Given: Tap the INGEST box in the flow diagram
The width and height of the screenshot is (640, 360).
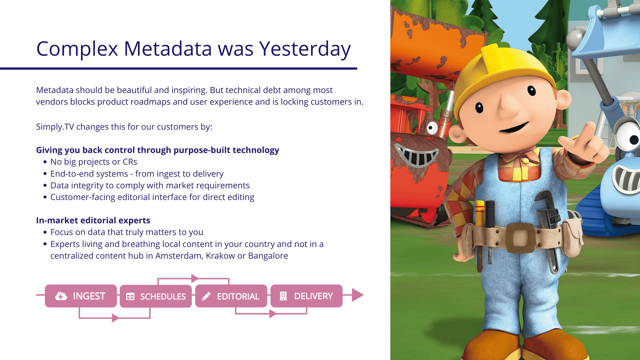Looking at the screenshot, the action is (x=81, y=296).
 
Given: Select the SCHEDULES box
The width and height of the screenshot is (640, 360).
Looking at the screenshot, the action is (x=156, y=296).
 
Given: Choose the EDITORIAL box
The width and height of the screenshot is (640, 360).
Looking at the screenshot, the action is (x=231, y=296).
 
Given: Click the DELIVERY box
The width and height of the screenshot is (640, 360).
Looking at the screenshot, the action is (x=307, y=296).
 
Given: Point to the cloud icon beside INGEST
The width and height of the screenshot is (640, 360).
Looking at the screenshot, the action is (x=61, y=296).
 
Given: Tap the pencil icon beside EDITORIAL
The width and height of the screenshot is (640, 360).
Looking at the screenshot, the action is (x=206, y=296).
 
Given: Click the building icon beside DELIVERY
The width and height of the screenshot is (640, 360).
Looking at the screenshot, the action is (x=283, y=296).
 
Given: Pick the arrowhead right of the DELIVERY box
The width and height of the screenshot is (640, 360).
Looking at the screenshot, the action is (x=358, y=295).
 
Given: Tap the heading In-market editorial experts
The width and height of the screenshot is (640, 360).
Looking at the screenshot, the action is (x=93, y=220).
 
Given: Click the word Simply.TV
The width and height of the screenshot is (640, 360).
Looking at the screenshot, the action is (x=55, y=127).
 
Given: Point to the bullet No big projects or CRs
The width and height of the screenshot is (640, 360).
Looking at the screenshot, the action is (x=94, y=162).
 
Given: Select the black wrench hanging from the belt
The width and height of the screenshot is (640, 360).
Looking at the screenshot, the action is (x=548, y=230).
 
